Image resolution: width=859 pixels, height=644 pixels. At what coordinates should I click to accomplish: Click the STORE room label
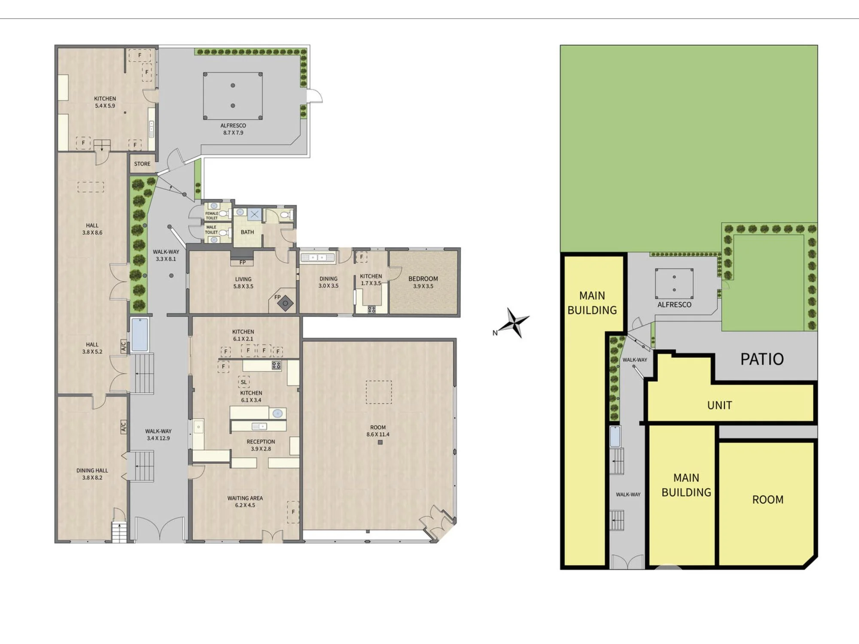(x=142, y=164)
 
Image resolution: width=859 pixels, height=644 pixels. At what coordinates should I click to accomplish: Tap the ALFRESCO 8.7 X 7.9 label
(x=233, y=129)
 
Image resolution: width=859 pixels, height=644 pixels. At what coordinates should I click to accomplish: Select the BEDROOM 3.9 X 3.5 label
(x=423, y=283)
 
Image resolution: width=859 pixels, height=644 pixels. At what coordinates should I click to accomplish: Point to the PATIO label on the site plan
(x=762, y=359)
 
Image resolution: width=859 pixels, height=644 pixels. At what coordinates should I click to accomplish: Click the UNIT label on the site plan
(x=719, y=405)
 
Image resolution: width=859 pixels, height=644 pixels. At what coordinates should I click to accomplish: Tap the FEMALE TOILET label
(x=211, y=216)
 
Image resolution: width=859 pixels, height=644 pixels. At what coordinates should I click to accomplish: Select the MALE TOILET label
(x=211, y=230)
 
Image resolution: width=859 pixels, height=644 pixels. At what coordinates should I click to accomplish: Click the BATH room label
(x=247, y=232)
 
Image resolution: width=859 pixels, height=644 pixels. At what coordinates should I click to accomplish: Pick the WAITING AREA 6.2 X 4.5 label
(x=245, y=502)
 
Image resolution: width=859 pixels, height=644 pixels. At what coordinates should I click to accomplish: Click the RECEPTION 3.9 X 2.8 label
(x=261, y=445)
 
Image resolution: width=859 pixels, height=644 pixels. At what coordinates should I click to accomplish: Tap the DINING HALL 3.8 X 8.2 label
(x=92, y=474)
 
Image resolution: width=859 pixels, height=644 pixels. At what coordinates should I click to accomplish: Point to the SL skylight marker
(x=244, y=382)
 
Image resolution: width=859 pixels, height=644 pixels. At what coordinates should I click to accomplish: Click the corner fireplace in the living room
(x=285, y=304)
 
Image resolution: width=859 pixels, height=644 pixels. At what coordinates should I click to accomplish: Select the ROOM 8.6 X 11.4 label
(x=378, y=431)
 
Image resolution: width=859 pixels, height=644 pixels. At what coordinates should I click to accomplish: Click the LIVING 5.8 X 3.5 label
(x=243, y=283)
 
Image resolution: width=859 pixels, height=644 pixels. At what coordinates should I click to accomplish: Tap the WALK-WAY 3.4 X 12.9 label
(x=158, y=434)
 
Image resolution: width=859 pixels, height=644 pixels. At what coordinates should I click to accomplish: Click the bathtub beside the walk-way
(x=140, y=335)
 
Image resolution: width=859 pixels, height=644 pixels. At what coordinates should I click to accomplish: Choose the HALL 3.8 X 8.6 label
(x=92, y=229)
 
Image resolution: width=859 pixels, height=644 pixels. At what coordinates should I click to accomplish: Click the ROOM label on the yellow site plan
(x=768, y=500)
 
